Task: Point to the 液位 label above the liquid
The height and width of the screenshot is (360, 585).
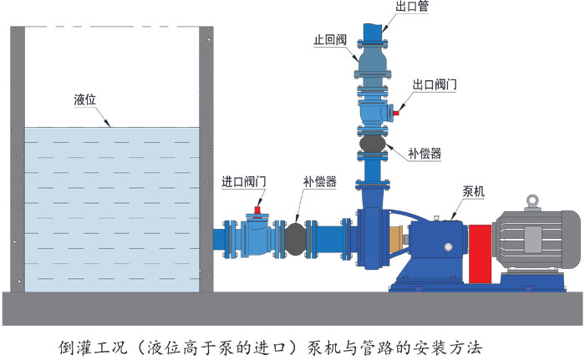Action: coord(85,99)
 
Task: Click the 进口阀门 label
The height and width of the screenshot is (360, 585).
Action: coord(244,181)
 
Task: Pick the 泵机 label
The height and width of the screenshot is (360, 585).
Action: coord(474,191)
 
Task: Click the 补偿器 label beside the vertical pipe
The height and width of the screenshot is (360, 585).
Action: coord(425,153)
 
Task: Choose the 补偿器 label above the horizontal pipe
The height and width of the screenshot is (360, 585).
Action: coord(320,181)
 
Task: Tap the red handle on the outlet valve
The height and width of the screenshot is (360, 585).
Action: coord(399,106)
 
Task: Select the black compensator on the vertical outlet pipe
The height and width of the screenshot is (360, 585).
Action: coord(371,147)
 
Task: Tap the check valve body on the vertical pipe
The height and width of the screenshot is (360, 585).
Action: coord(372,58)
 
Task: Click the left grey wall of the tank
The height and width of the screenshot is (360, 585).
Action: coord(17,159)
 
